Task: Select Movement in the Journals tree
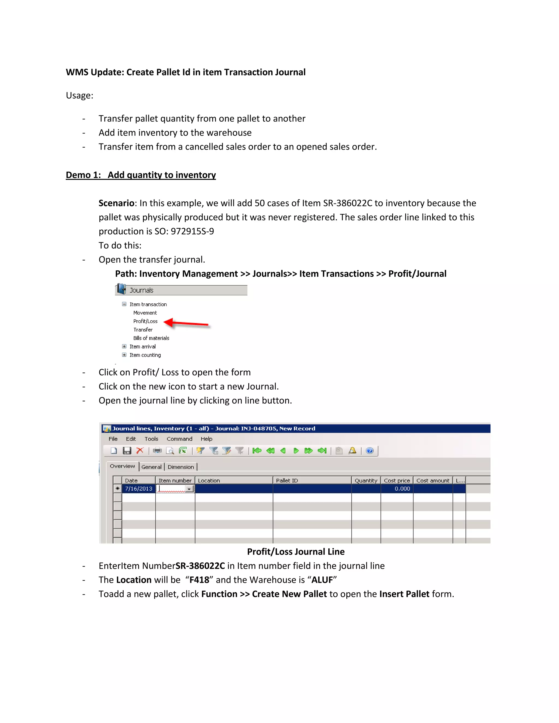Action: tap(145, 313)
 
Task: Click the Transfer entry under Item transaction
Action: tap(143, 330)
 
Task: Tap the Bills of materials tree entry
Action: tap(151, 338)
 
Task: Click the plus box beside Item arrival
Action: tap(124, 346)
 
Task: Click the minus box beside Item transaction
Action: tap(124, 304)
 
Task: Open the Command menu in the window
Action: tap(179, 439)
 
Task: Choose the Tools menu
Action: tap(151, 439)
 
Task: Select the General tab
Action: tap(151, 467)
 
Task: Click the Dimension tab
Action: tap(180, 467)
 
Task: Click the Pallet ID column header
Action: tap(287, 480)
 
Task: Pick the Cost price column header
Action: tap(397, 480)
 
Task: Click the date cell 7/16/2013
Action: tap(138, 489)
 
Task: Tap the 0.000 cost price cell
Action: tap(402, 489)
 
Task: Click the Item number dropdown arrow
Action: tap(189, 489)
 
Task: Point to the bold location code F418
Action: tap(199, 580)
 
